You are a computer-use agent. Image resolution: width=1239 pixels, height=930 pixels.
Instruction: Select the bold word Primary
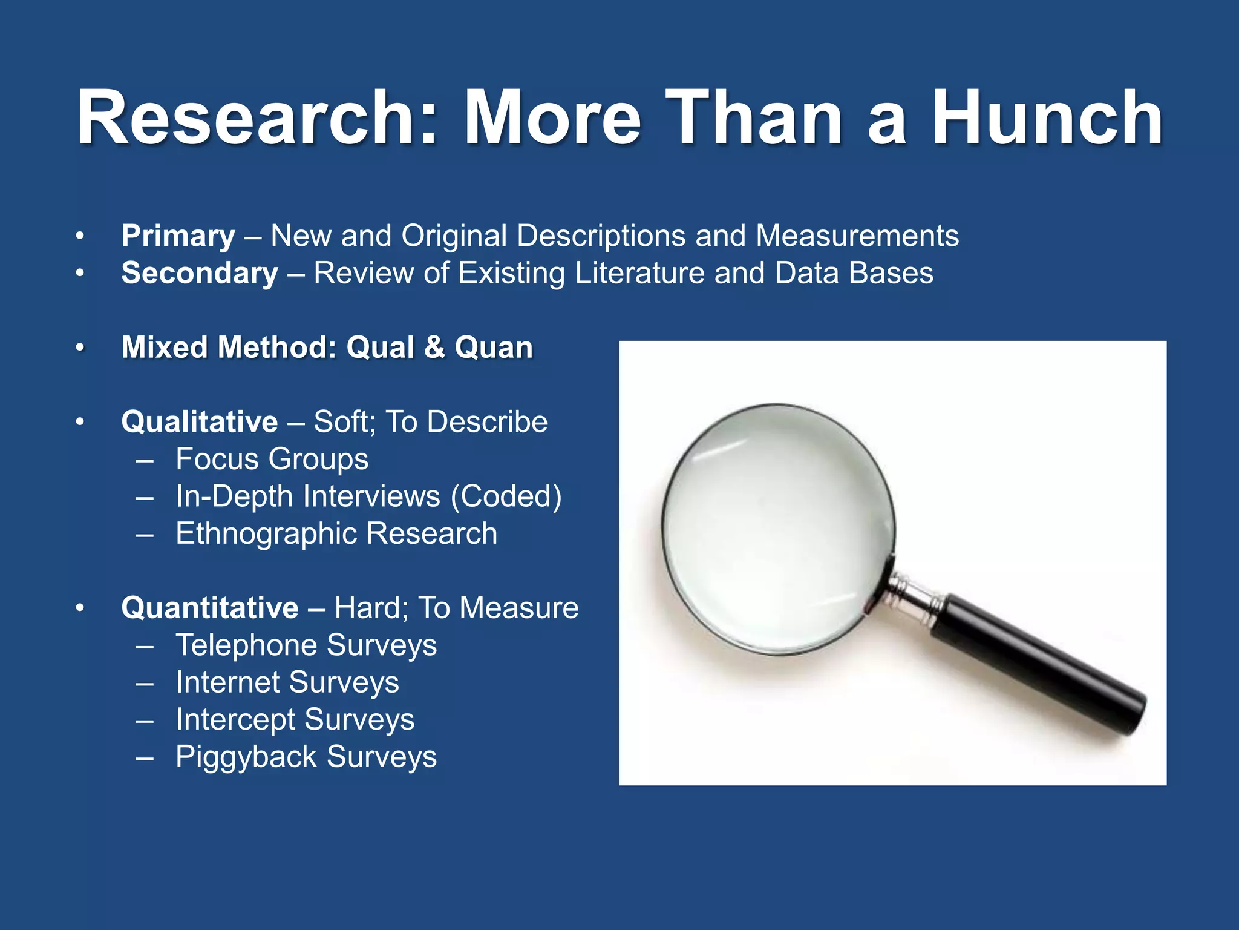[178, 236]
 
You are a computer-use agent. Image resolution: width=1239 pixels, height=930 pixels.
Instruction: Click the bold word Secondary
[200, 273]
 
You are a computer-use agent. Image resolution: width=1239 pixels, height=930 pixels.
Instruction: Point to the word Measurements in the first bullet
[857, 236]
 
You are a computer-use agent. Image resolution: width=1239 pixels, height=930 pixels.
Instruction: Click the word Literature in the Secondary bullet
[639, 273]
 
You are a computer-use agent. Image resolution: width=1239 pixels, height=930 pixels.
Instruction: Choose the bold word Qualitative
[200, 421]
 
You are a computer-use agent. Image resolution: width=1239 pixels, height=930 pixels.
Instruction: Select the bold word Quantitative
[209, 607]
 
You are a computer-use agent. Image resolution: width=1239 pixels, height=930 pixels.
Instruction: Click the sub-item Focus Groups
[272, 459]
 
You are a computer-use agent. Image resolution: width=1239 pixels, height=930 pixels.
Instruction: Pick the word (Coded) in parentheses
[506, 496]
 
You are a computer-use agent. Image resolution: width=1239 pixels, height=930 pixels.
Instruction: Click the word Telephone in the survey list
[236, 645]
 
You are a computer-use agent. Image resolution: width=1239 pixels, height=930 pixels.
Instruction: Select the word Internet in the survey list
[227, 682]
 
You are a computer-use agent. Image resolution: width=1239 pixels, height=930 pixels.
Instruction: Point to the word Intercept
[235, 720]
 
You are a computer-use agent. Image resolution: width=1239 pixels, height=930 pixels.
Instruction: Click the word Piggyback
[246, 757]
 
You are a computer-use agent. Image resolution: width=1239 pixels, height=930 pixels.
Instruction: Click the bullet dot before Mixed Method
[79, 348]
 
